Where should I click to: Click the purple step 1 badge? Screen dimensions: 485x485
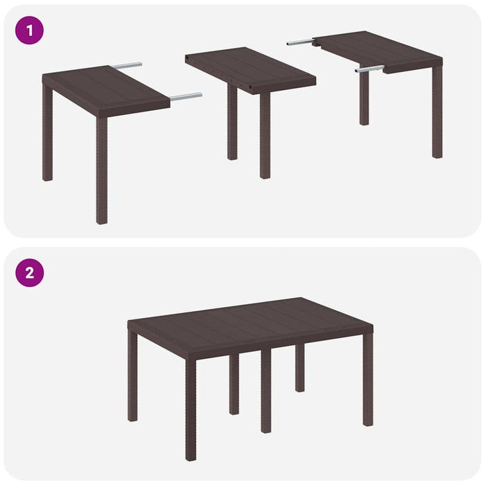pos(29,30)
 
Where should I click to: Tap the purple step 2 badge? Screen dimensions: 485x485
pos(29,272)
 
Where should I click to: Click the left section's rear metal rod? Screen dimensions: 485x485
pos(127,66)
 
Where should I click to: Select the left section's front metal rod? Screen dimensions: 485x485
pos(186,97)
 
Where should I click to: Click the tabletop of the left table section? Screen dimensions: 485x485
pos(104,87)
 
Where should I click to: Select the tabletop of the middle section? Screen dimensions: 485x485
pos(249,66)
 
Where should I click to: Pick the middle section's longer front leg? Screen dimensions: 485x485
pos(265,135)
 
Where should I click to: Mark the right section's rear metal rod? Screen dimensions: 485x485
pos(300,42)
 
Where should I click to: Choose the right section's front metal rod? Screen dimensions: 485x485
pos(369,69)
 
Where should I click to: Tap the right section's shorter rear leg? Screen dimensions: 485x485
pos(364,97)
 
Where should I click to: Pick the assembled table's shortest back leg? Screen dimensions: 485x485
pos(299,367)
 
